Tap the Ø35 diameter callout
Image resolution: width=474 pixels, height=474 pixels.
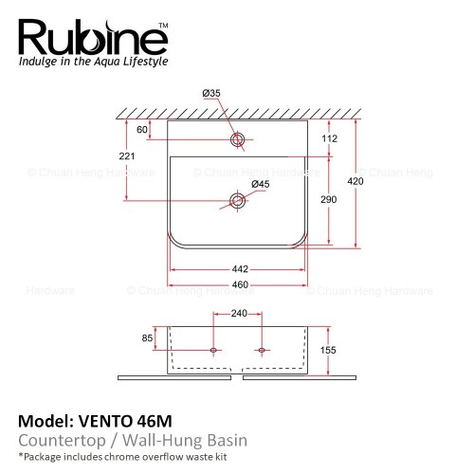point(211,93)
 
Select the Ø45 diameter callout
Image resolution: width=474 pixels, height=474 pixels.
point(261,184)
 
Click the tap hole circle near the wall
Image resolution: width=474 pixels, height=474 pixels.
point(237,139)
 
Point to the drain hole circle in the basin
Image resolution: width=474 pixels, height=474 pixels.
point(237,201)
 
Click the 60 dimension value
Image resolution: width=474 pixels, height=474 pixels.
point(142,130)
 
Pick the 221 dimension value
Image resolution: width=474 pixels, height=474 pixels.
point(127,156)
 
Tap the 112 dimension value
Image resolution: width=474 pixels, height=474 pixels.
point(330,138)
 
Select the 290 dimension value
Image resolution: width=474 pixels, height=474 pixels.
point(329,199)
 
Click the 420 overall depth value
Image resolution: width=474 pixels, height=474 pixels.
point(355,181)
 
